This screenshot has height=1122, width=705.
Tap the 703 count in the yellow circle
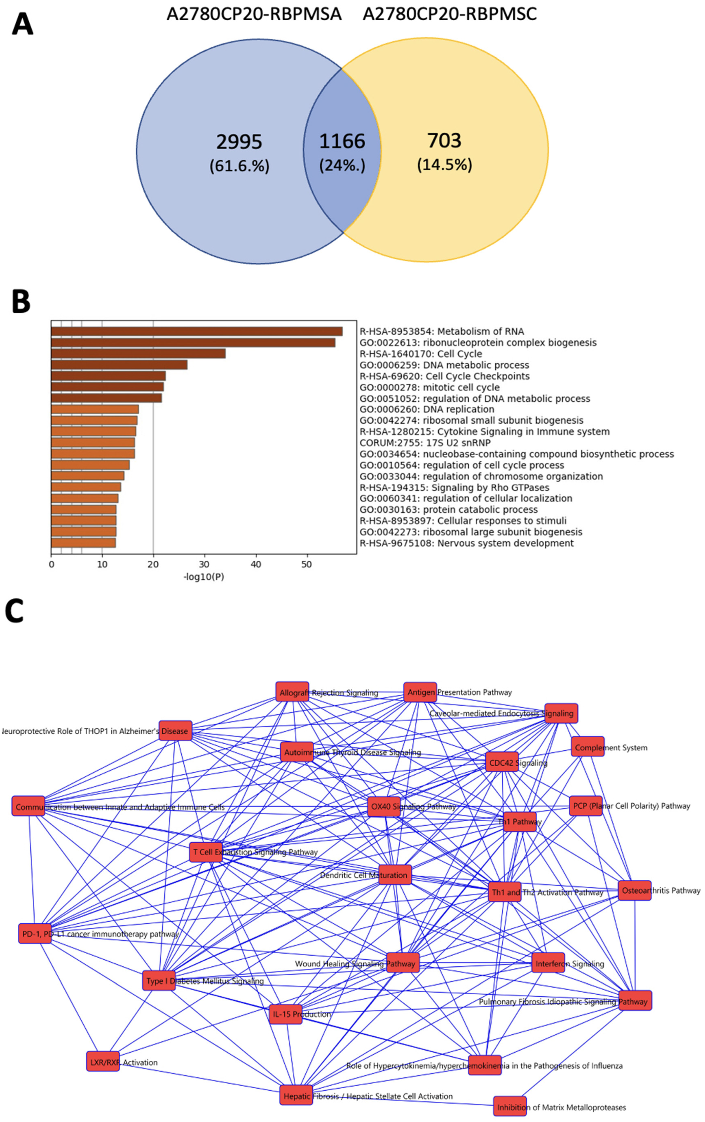(444, 140)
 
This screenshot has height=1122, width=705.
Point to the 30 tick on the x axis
(204, 564)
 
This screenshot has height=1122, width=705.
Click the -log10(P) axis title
(204, 577)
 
